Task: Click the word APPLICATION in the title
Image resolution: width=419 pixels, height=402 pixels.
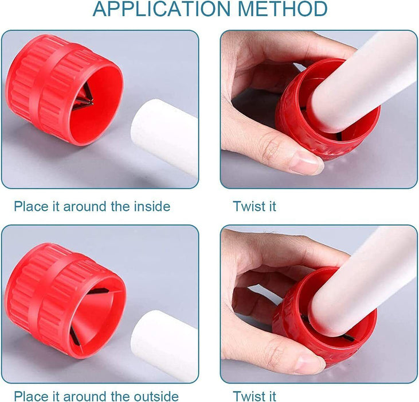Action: (162, 9)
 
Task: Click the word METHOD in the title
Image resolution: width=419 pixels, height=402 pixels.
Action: (282, 9)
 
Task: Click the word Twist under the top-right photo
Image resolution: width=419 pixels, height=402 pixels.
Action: (248, 206)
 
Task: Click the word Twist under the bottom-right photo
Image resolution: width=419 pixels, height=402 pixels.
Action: (248, 396)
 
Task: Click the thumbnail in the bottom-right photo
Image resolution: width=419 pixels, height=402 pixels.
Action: (310, 363)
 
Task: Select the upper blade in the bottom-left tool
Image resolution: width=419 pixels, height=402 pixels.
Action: (99, 291)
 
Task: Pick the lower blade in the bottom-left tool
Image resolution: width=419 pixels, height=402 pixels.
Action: (75, 336)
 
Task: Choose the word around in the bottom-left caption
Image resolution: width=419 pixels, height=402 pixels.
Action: (85, 396)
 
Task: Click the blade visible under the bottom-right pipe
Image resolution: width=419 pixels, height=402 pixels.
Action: (349, 338)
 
